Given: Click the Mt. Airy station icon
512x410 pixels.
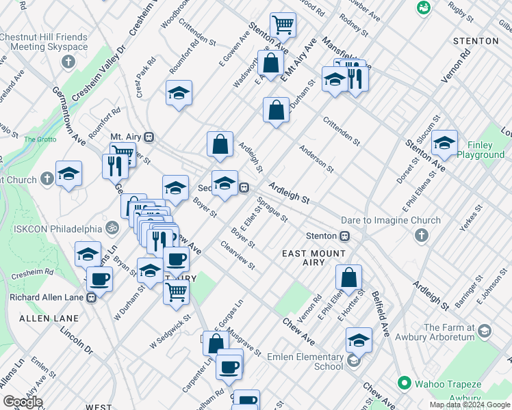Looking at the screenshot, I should coord(149,137).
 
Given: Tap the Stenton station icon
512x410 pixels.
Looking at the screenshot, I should coord(346,236).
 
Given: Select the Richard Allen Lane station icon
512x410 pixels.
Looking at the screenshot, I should coord(91,297).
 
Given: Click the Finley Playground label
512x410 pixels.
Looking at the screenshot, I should coord(480,150).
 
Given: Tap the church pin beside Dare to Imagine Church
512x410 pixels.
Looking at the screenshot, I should coord(421,236).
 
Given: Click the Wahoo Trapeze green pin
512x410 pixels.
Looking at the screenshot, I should coord(405,382).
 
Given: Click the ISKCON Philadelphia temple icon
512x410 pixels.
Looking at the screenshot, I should coord(112,227).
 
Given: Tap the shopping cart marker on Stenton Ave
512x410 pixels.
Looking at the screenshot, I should coord(283,25).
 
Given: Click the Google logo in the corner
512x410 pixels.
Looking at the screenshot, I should coord(23,402).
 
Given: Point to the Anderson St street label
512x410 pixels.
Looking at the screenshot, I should coord(316,159).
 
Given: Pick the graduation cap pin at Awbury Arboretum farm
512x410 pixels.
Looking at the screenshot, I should coord(485,331).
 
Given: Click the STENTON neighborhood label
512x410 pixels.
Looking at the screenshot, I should coord(476,41).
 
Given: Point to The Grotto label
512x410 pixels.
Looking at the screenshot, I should coord(40,139).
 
